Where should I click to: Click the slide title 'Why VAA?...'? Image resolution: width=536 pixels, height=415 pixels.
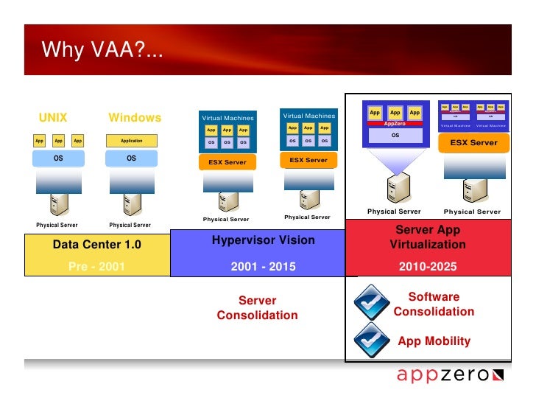point(102,50)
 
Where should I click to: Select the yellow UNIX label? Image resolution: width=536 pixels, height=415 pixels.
point(53,118)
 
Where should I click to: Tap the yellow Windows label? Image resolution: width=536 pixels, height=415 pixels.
point(135,118)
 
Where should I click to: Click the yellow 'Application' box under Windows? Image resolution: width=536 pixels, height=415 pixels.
point(132,141)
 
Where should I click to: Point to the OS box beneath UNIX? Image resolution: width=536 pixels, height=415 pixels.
point(57,158)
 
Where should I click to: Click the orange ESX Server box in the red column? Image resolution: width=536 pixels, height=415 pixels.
point(473,143)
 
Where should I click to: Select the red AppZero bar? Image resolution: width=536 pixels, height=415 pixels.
point(395,124)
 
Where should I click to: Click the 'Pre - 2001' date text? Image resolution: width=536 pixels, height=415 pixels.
point(96,267)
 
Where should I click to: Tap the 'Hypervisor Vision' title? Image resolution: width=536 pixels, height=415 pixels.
point(263,240)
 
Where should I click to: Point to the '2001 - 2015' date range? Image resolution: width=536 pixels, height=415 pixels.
point(263,267)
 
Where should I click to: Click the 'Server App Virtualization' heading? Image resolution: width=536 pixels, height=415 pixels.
point(428,237)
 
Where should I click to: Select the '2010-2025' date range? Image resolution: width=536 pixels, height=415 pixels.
point(428,267)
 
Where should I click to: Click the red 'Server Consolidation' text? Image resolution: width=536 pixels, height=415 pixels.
point(257,308)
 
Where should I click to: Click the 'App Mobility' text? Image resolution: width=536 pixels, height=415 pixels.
point(434,341)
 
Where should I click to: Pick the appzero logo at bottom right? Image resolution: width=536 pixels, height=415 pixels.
point(450,375)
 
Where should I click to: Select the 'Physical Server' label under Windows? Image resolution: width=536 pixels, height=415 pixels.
point(130,225)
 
